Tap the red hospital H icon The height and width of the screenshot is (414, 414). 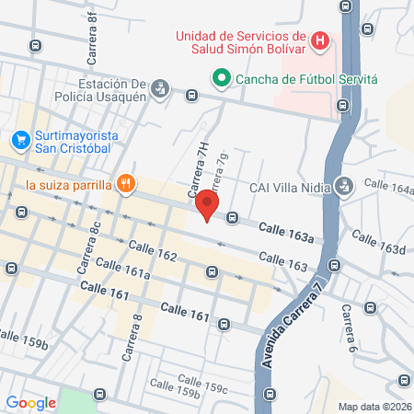coord(319,40)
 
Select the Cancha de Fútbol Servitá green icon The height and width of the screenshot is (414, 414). coord(221,80)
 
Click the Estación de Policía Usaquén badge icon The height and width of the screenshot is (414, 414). coord(160,88)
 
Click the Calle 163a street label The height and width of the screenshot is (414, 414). coord(285,233)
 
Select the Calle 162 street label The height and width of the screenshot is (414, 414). coord(152,250)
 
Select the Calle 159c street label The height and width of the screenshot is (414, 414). coord(202,383)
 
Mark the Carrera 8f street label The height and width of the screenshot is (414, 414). coord(93,40)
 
